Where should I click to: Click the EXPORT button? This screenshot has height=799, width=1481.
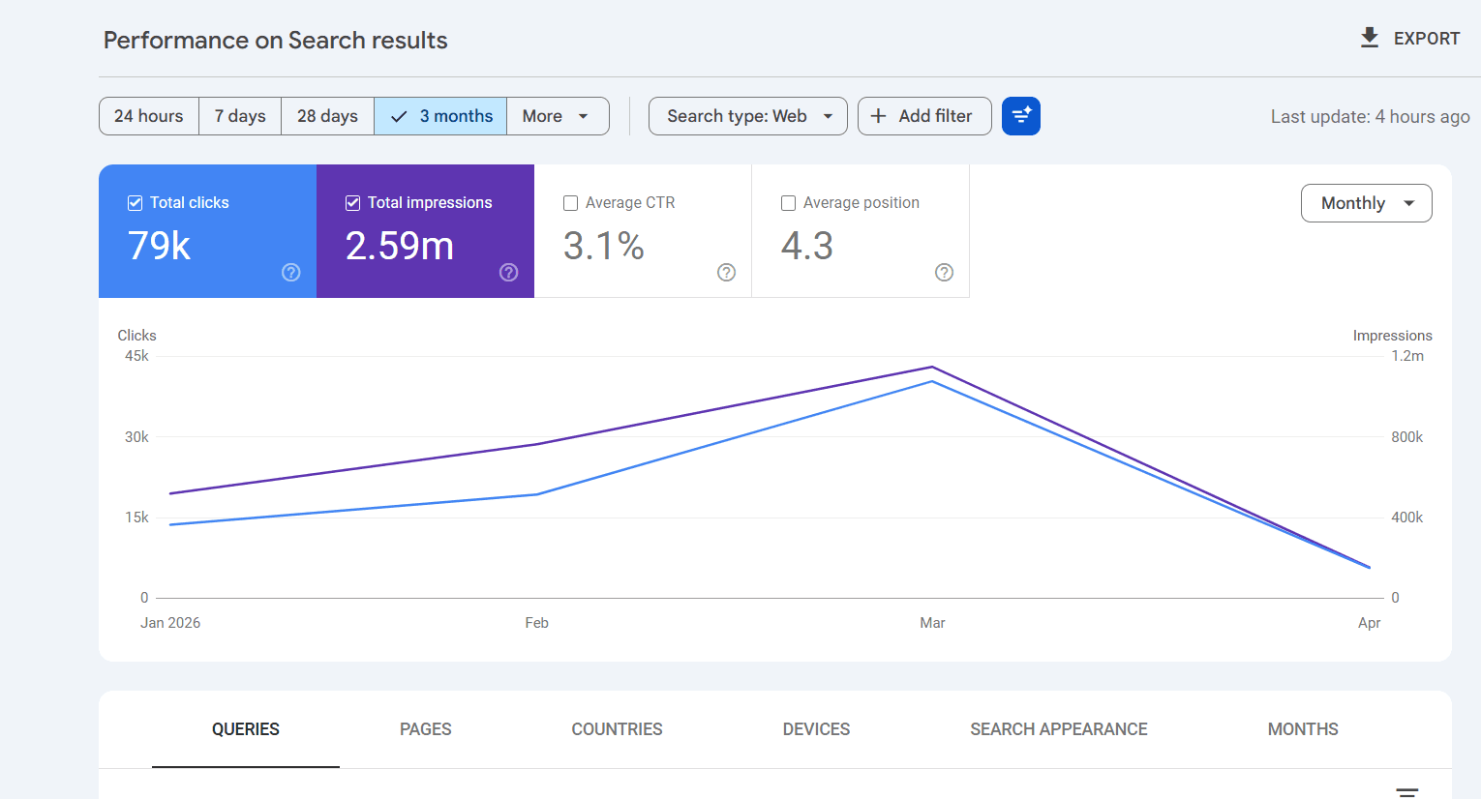[1410, 39]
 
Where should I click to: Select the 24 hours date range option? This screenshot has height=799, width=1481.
[149, 116]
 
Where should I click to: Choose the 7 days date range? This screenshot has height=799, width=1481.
[240, 116]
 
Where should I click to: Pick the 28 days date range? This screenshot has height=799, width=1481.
[327, 116]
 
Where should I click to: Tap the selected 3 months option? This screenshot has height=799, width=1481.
[440, 116]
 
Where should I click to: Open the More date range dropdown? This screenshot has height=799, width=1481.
[557, 116]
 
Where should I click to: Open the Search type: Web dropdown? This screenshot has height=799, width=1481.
[747, 116]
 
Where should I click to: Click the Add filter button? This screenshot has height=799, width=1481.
[923, 116]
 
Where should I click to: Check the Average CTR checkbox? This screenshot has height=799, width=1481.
[571, 203]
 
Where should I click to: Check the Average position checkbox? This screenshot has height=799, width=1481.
[789, 203]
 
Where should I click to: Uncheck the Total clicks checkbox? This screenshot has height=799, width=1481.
[136, 203]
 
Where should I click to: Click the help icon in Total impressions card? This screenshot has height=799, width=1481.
[508, 273]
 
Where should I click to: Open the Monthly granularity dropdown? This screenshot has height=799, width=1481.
[1366, 203]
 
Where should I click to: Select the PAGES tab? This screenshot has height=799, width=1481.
[426, 729]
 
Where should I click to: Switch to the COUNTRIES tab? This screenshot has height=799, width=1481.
[617, 729]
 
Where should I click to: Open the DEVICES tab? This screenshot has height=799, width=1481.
[816, 729]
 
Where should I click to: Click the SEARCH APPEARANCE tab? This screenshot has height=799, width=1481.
[1058, 729]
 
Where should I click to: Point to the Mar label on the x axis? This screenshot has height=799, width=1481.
[932, 623]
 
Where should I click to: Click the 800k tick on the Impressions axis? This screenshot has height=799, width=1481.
[1406, 437]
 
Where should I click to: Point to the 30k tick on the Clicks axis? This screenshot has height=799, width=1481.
[136, 437]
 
